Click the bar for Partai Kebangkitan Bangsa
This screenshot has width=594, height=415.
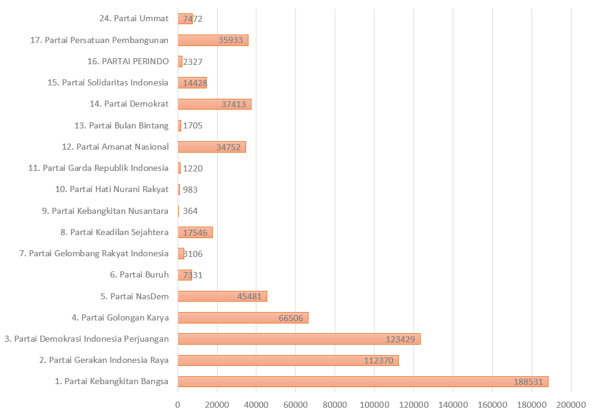(x=362, y=382)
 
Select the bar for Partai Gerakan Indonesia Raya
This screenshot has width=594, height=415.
(x=288, y=360)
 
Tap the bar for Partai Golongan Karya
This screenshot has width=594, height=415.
(x=242, y=317)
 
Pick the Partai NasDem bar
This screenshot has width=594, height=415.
(x=222, y=296)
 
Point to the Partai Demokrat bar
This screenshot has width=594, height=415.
(x=214, y=104)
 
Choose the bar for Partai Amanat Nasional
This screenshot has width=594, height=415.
(x=212, y=147)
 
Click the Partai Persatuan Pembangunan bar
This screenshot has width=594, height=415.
(x=213, y=40)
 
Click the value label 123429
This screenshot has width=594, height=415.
(x=400, y=339)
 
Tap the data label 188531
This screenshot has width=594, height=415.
(x=528, y=382)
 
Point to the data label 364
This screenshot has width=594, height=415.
(x=190, y=211)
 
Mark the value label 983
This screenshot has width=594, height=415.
(x=190, y=190)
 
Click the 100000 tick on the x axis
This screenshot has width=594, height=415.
(x=375, y=405)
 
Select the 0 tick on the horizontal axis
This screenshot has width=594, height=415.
(x=178, y=405)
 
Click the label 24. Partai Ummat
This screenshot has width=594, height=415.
(x=133, y=18)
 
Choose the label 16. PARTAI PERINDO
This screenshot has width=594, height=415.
(x=128, y=61)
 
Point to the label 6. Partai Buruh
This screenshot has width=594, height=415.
(x=139, y=275)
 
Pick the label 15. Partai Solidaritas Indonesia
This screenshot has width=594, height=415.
(x=107, y=82)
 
